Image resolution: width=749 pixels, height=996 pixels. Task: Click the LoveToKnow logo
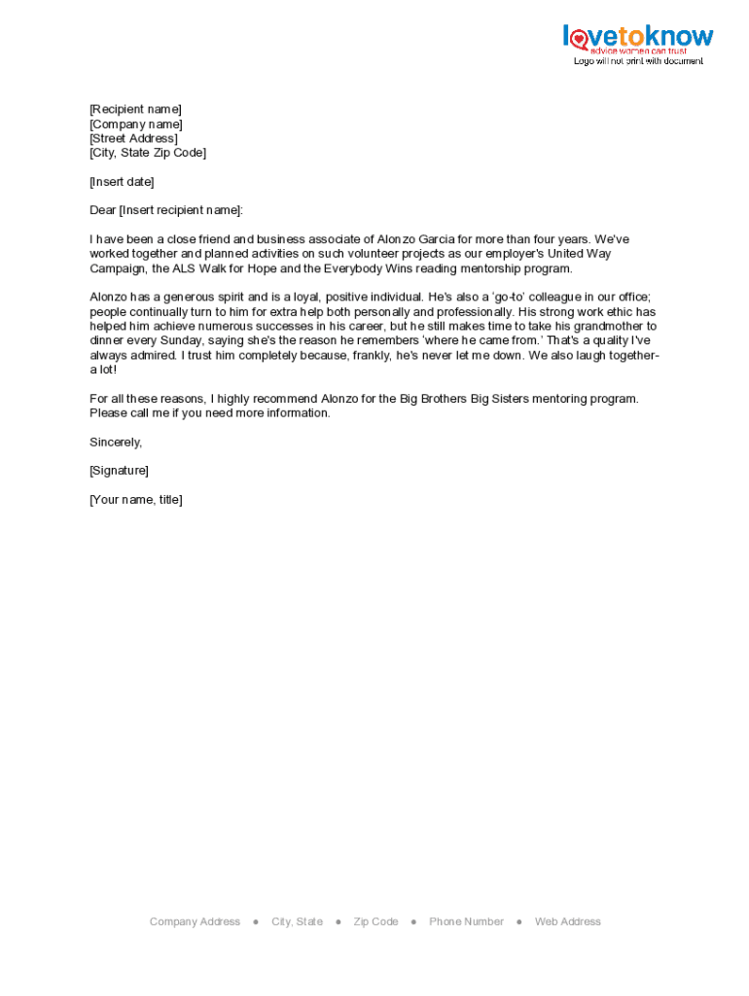point(637,40)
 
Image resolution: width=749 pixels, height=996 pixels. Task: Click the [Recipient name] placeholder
point(135,109)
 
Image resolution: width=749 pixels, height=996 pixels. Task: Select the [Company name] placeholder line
point(135,124)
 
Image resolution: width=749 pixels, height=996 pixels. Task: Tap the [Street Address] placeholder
point(133,138)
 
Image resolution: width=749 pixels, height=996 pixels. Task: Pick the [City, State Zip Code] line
point(148,153)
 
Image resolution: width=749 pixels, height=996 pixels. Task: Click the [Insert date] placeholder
point(122,182)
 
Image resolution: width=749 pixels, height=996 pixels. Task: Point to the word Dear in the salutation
point(102,210)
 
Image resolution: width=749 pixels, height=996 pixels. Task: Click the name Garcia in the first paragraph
point(439,239)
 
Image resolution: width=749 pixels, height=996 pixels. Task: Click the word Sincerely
point(116,442)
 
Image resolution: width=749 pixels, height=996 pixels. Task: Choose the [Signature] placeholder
point(119,471)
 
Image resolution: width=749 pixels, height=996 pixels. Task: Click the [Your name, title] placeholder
point(135,500)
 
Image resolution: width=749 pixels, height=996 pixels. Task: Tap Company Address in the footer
point(195,922)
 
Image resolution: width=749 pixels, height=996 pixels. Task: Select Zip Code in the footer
point(375,922)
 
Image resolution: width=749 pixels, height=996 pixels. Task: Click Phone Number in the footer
point(466,922)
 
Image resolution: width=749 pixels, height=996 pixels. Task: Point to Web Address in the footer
point(567,922)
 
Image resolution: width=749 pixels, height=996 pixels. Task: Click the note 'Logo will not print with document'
point(637,61)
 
